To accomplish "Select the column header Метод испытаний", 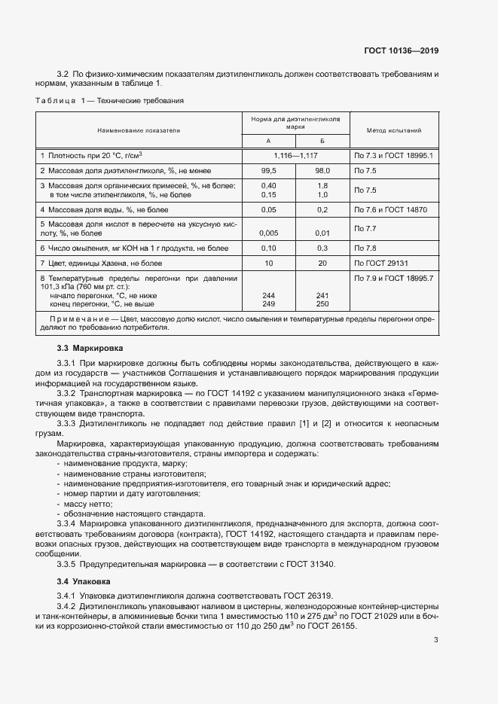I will (393, 130).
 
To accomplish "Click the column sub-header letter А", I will (268, 141).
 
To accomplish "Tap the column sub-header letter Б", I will (322, 141).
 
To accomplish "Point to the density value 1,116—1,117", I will (295, 155).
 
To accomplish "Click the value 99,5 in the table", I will (268, 171).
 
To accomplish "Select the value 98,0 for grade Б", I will (322, 171).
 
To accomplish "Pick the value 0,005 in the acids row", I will (268, 233).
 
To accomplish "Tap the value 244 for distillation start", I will (268, 296).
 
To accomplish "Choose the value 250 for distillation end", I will (322, 304).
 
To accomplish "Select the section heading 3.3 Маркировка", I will (89, 349).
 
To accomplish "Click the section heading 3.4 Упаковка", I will (84, 582).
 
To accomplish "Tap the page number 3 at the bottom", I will (435, 641).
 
